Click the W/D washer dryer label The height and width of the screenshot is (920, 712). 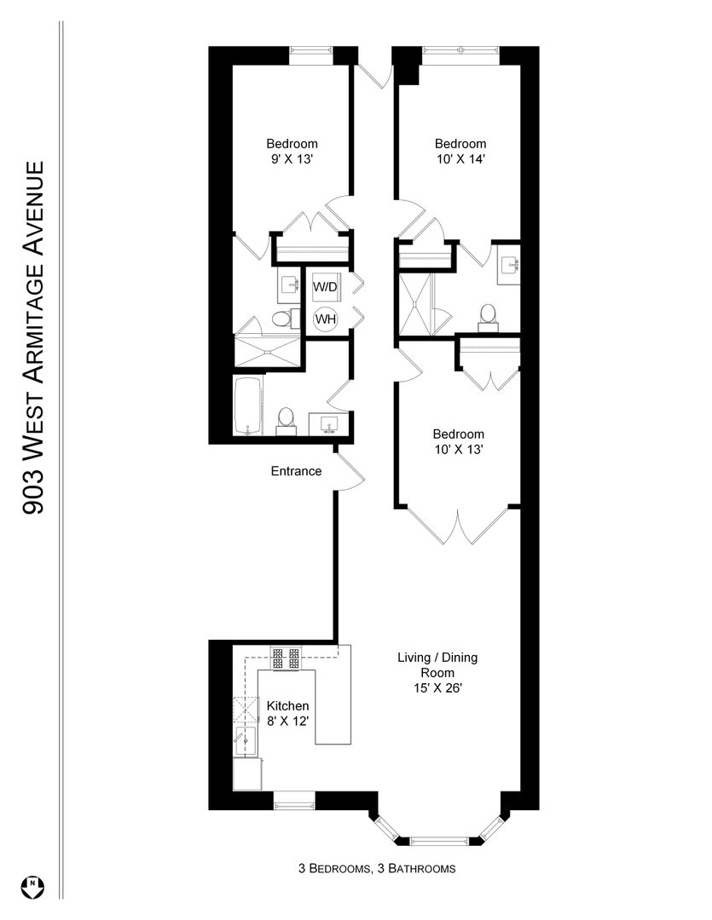click(325, 287)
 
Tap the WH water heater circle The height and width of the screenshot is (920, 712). click(326, 319)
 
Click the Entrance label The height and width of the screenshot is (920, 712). click(296, 471)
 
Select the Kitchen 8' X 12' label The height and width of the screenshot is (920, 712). click(288, 714)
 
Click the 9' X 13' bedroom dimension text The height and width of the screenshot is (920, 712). click(292, 159)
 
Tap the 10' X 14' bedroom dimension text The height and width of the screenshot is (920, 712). click(460, 159)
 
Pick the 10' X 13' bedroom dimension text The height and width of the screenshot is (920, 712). click(459, 450)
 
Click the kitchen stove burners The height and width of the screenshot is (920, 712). click(286, 658)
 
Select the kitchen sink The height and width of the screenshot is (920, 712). click(246, 741)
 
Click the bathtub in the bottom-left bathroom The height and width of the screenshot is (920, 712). click(248, 406)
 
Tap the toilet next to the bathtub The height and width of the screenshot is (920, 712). click(287, 420)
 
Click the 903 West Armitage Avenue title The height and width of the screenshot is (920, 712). click(33, 338)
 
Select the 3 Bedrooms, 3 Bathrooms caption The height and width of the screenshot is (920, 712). click(377, 868)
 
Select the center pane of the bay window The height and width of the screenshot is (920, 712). click(439, 840)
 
